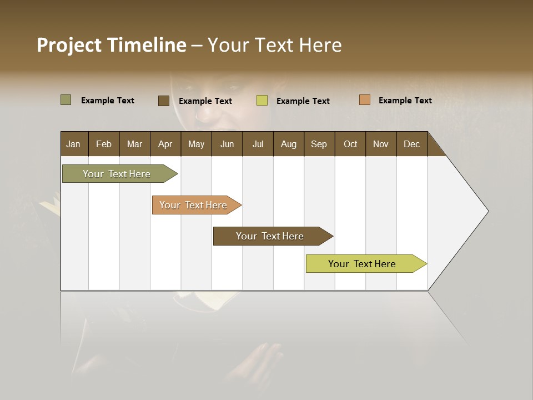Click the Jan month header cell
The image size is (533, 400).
(x=74, y=144)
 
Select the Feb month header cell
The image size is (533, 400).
(x=104, y=144)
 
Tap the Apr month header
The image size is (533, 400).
(x=165, y=144)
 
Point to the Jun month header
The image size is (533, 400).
(x=227, y=144)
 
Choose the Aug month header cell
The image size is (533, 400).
(x=289, y=144)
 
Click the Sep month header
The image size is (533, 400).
(x=319, y=144)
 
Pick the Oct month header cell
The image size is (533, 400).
(x=350, y=144)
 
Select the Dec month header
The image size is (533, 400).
(x=412, y=144)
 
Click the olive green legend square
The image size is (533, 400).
(x=66, y=100)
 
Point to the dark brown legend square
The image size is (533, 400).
(x=164, y=101)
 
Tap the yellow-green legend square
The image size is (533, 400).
(x=262, y=101)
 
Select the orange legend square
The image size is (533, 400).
(x=365, y=100)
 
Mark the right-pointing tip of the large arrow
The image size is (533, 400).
(x=487, y=211)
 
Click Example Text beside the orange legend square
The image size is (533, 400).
(x=405, y=100)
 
